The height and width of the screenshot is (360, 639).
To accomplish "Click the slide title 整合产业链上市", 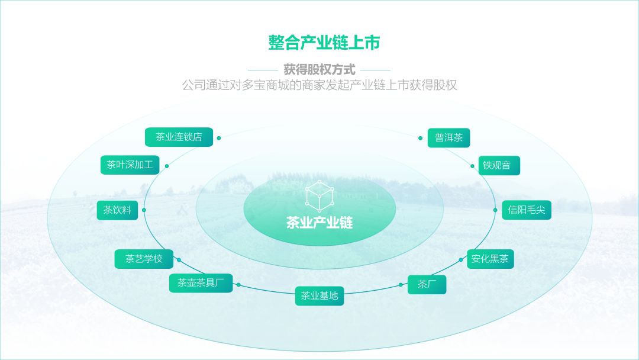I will [319, 43].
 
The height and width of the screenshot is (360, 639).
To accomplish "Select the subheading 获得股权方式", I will [319, 69].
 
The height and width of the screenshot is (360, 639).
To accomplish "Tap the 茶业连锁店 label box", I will [179, 137].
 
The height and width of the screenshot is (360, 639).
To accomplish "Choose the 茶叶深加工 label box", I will [130, 165].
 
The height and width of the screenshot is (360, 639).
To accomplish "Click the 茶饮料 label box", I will [117, 210].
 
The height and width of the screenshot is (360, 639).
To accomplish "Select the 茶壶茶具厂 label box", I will [201, 283].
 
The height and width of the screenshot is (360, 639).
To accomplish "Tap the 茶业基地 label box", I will [319, 295].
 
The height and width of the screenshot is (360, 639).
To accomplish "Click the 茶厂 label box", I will [427, 284].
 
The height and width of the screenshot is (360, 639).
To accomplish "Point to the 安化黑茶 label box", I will [490, 259].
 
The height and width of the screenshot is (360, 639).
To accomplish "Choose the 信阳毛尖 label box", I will [527, 210].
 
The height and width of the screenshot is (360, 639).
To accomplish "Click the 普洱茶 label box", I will [448, 138].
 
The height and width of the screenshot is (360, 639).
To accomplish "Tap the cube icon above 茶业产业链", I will [319, 196].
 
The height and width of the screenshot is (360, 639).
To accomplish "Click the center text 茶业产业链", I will [319, 223].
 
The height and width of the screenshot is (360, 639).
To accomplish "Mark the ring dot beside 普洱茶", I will [419, 139].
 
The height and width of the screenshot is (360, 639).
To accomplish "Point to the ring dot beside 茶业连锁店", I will [219, 138].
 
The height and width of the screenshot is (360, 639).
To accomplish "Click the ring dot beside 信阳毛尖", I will [495, 210].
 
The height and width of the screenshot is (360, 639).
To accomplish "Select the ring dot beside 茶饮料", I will [144, 210].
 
